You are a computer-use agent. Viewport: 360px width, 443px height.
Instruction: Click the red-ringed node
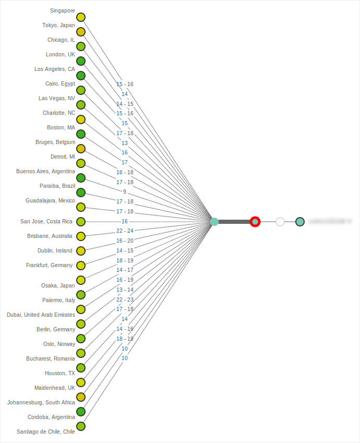[255, 222]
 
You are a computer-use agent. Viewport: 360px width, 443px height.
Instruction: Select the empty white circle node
[280, 222]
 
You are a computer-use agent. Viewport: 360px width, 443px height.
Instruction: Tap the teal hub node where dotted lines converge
[214, 222]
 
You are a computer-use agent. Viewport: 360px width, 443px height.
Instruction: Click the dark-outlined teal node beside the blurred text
[299, 222]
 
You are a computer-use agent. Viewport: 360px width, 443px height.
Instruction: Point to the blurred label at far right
[329, 222]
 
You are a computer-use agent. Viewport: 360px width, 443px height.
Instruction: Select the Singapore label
[63, 10]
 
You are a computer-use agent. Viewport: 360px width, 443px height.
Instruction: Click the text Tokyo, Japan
[58, 25]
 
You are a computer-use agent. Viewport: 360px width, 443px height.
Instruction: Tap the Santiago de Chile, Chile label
[46, 432]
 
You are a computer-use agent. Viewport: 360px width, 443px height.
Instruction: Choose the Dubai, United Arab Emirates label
[41, 315]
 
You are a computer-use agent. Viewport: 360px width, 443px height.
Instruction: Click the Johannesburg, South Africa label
[41, 402]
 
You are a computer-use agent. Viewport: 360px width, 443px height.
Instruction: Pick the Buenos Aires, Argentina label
[46, 171]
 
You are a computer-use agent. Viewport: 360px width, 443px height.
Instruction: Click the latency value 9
[125, 191]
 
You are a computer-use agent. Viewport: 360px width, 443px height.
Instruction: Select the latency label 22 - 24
[125, 231]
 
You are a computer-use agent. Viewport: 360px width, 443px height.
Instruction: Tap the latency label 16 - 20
[125, 241]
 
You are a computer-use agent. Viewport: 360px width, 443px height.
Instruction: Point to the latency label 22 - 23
[125, 300]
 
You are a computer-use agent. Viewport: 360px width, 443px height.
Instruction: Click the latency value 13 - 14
[125, 290]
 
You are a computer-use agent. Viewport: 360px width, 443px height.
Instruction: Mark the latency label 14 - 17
[125, 270]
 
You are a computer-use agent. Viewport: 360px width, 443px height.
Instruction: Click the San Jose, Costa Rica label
[46, 221]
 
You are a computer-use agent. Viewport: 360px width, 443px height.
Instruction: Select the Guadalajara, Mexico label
[51, 200]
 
